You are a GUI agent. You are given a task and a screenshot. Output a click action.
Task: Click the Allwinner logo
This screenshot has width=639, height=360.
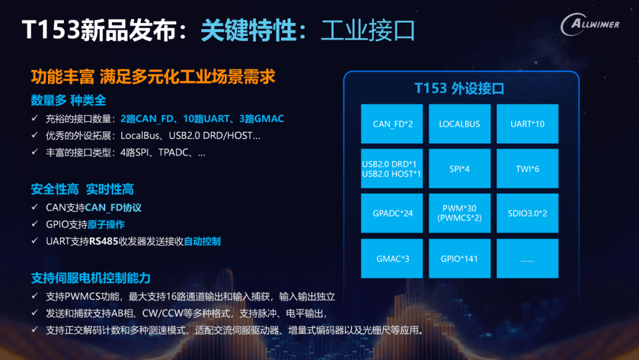590,24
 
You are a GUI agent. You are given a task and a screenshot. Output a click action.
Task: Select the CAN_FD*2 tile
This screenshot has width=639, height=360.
392,124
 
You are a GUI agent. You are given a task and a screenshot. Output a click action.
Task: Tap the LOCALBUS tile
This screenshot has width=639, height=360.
460,124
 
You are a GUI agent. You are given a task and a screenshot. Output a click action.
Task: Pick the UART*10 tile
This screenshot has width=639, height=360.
527,124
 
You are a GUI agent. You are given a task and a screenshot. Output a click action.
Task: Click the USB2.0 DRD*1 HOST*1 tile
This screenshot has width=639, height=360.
392,168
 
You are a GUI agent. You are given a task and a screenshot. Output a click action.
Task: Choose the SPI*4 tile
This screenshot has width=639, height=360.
460,168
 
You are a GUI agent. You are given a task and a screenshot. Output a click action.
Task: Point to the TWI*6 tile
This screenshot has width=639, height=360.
527,168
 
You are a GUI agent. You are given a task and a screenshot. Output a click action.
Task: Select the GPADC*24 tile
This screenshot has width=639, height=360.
392,213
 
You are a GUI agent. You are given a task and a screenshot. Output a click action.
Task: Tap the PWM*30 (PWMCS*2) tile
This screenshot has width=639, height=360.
460,213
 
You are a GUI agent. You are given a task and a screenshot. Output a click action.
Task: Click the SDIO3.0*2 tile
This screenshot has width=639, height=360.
527,213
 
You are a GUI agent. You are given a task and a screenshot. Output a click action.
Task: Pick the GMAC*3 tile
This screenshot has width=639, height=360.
392,259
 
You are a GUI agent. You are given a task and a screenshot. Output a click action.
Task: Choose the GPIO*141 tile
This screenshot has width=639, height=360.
460,259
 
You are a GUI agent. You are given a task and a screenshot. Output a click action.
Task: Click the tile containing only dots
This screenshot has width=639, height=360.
527,259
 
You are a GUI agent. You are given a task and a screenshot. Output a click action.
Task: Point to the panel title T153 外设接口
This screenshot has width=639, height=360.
459,88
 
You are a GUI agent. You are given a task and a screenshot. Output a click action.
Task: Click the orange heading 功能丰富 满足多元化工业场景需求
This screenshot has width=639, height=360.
153,76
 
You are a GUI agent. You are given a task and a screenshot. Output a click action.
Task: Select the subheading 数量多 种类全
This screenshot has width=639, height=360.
69,100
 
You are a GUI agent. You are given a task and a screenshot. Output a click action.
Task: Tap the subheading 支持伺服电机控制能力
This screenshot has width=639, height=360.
91,278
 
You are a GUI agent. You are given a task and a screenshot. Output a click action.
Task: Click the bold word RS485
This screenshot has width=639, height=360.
104,242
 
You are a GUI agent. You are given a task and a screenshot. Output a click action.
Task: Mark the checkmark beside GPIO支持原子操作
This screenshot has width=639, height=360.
35,224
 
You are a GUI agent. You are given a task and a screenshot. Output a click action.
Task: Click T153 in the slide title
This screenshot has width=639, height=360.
50,30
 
